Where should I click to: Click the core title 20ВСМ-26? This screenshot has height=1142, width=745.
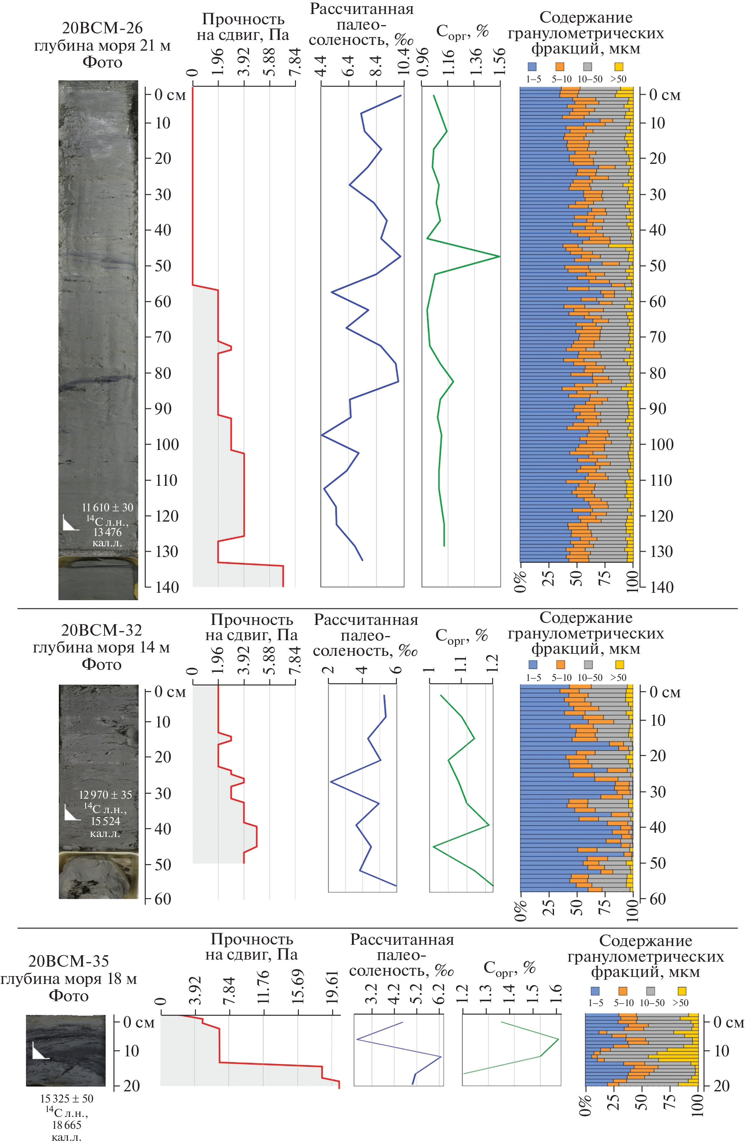[x=102, y=28]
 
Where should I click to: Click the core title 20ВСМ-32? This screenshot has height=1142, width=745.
[x=101, y=629]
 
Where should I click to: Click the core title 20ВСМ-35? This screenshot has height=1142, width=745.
[x=69, y=961]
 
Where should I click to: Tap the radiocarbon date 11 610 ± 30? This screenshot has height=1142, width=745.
[x=107, y=507]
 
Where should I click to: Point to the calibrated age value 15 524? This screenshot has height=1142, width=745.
[x=105, y=821]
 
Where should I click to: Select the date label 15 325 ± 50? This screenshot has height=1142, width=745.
[x=67, y=1098]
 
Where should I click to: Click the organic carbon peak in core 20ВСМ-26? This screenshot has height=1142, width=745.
[x=499, y=256]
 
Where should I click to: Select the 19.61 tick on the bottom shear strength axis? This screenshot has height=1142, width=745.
[x=333, y=988]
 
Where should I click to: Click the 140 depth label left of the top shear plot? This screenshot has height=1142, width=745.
[x=166, y=587]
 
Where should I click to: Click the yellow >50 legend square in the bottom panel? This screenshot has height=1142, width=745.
[x=681, y=991]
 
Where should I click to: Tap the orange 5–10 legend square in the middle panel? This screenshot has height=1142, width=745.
[x=560, y=664]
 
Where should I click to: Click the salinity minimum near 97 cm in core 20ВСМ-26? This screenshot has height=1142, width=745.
[x=322, y=435]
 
